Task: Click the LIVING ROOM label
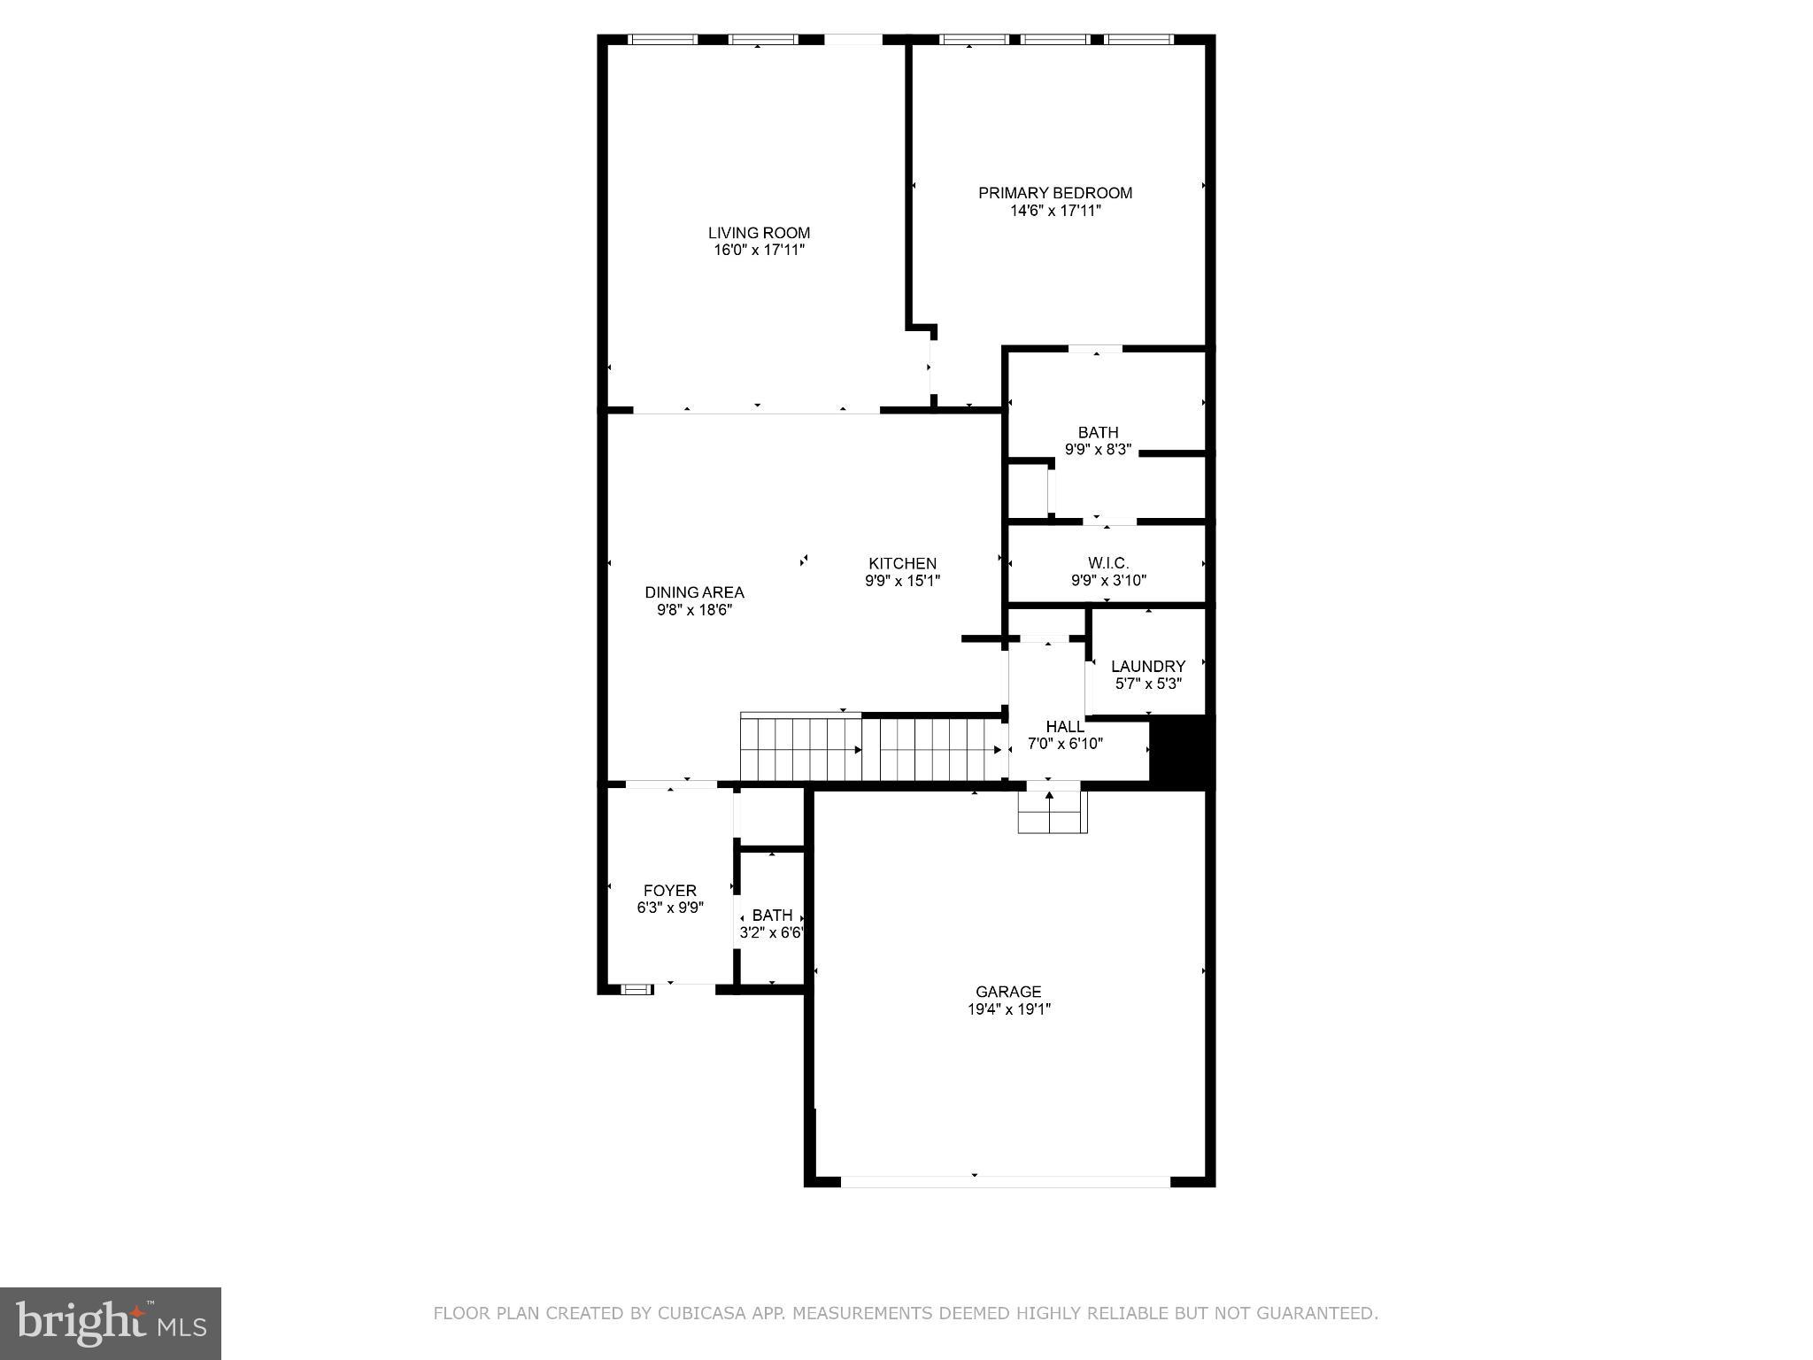(759, 233)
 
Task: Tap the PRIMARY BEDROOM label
(1054, 193)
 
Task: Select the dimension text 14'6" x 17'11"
(1054, 211)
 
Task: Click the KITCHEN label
(902, 564)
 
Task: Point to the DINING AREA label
(694, 592)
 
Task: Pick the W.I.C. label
(1107, 563)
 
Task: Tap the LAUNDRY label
(1147, 666)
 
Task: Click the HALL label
(1064, 727)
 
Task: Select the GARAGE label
(1008, 992)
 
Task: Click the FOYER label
(669, 891)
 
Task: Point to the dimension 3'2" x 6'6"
(772, 932)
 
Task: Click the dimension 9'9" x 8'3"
(1098, 449)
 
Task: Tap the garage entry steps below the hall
(1051, 812)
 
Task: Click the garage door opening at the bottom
(1005, 1181)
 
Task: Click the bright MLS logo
(111, 1323)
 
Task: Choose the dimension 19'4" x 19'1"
(1008, 1009)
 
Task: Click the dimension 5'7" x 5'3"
(1147, 684)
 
